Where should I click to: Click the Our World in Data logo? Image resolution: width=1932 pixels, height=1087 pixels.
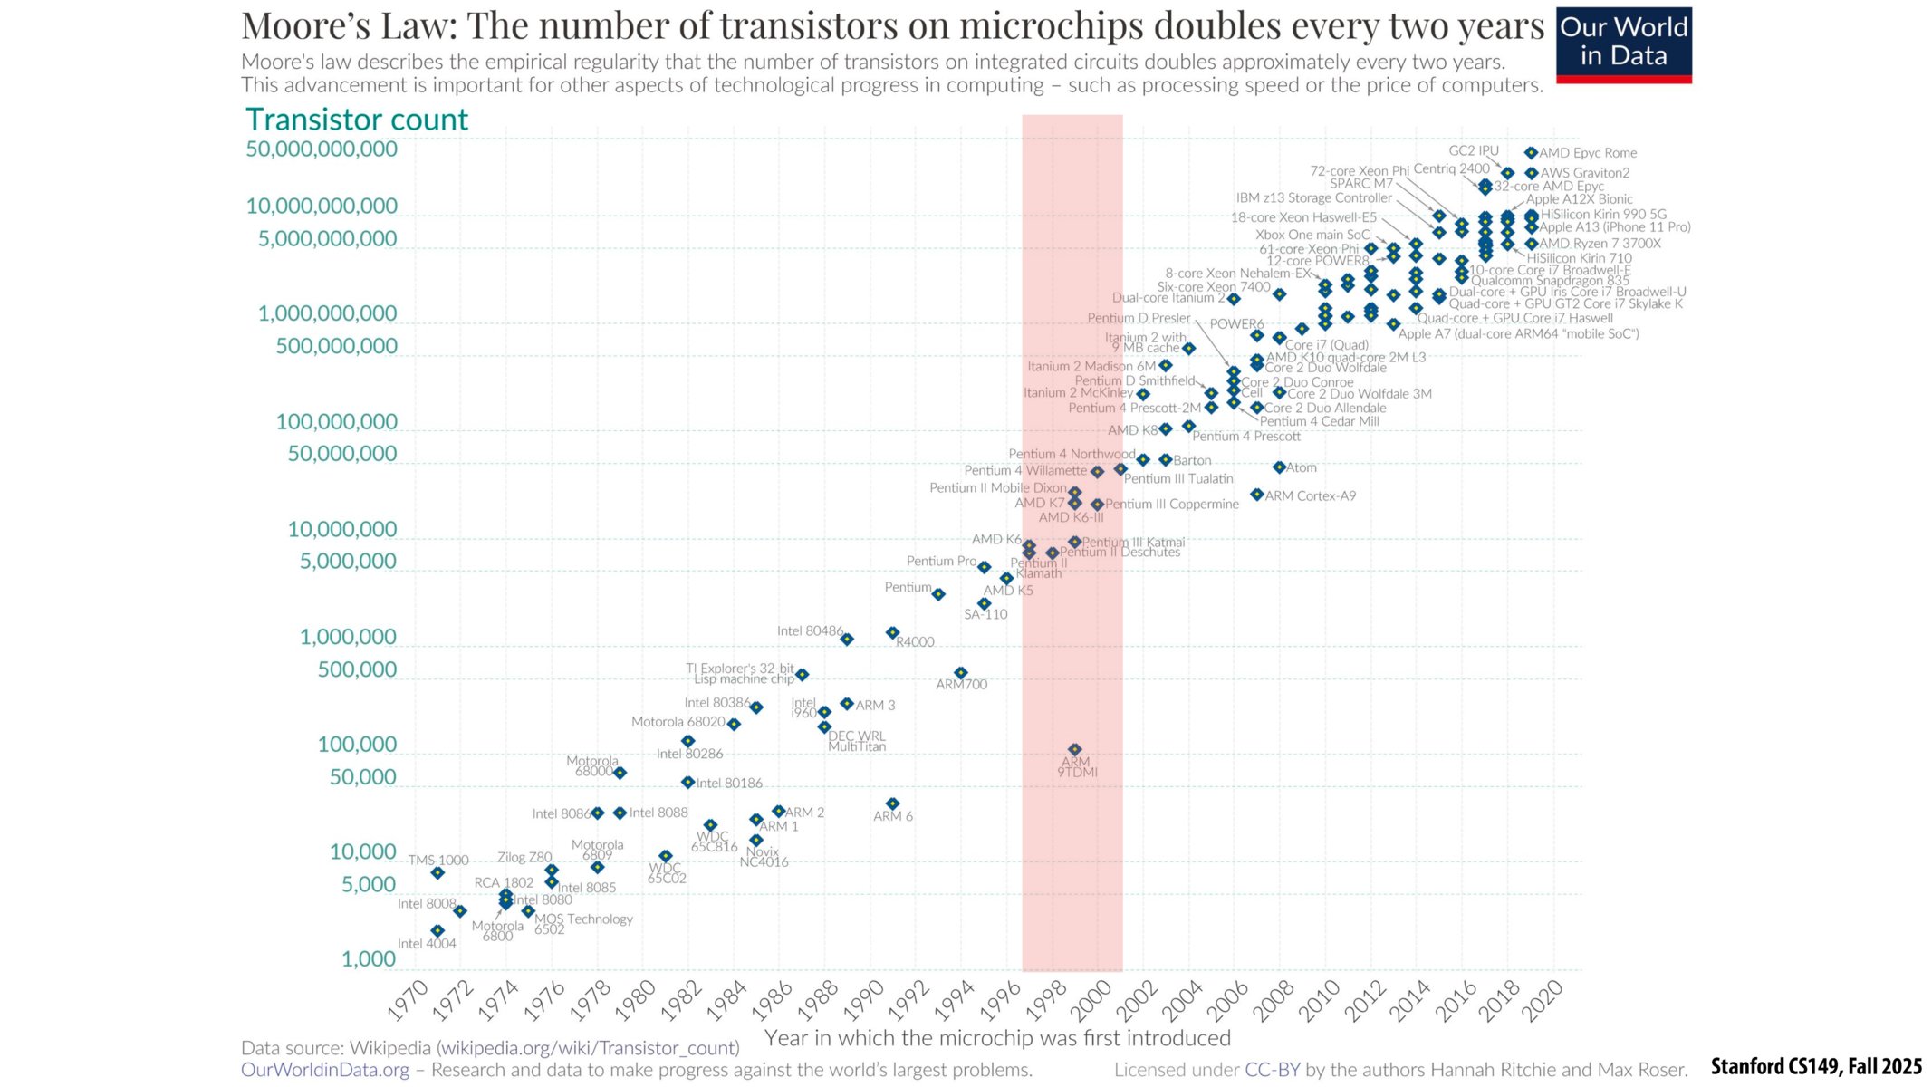tap(1623, 44)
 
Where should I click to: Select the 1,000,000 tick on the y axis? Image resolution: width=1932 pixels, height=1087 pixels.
tap(348, 637)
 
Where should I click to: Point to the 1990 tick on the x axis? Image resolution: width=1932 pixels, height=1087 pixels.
tap(864, 1000)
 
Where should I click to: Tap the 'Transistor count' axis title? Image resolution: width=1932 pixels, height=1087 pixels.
tap(357, 120)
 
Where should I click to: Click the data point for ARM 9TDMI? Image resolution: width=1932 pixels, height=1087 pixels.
tap(1074, 749)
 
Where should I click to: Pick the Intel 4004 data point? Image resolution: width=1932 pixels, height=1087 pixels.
tap(437, 930)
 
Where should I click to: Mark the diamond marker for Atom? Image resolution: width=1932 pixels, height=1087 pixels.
tap(1279, 467)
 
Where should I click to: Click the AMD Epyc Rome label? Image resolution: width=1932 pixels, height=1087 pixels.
tap(1588, 153)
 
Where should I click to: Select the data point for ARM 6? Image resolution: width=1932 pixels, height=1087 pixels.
tap(892, 803)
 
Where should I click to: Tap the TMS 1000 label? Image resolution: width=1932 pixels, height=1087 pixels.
tap(438, 860)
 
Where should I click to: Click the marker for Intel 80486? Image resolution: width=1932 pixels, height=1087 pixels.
tap(847, 639)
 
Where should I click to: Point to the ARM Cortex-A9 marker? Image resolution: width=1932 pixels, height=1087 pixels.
tap(1256, 495)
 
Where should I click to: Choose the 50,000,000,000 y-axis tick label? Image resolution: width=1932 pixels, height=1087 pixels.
tap(322, 149)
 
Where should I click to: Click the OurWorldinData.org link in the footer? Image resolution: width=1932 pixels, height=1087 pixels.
tap(325, 1070)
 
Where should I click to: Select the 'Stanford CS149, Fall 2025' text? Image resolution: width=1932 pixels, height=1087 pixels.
tap(1816, 1066)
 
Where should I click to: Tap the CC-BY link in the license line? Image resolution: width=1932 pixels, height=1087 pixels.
tap(1272, 1070)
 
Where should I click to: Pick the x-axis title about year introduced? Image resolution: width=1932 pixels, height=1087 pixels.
tap(997, 1038)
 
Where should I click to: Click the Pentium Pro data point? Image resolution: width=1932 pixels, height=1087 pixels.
tap(984, 567)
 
